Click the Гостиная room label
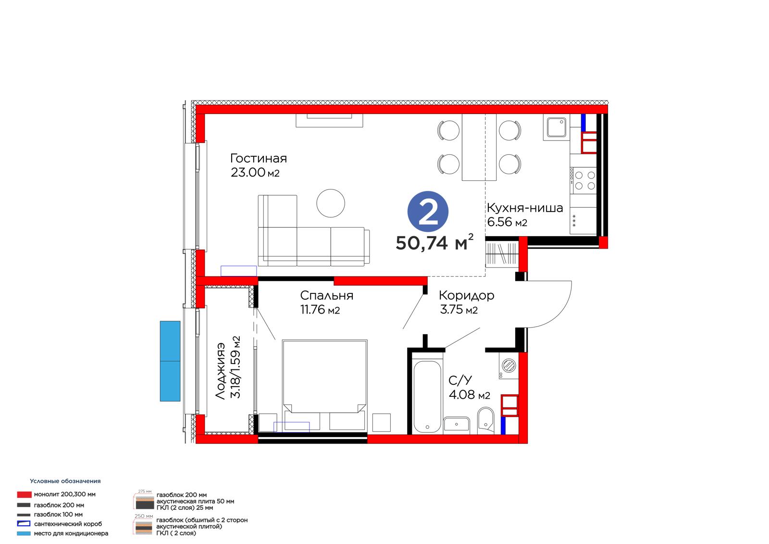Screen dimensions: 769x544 tap(258, 158)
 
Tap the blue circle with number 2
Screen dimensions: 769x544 tap(428, 211)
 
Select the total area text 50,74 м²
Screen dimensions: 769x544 tap(434, 242)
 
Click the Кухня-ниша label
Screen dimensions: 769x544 tap(524, 208)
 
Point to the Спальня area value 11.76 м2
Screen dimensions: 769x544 tap(320, 310)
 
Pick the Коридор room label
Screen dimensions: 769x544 tap(466, 296)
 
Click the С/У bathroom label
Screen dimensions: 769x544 tap(460, 380)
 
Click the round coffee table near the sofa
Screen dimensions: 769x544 tap(331, 203)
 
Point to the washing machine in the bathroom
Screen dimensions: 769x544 tap(509, 366)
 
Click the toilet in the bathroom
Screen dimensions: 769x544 tap(486, 420)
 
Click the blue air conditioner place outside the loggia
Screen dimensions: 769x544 tap(170, 361)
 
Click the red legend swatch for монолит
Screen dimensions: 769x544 tap(25, 494)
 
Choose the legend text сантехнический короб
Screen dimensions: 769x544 tap(68, 524)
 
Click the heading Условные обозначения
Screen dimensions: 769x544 tap(65, 481)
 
